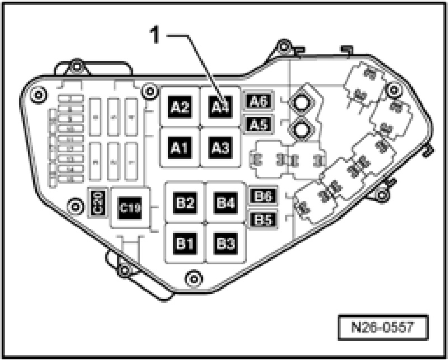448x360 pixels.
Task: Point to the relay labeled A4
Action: click(x=220, y=105)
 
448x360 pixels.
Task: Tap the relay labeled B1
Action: click(x=185, y=244)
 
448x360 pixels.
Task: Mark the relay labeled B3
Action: click(x=225, y=244)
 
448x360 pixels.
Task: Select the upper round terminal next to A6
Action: click(x=301, y=102)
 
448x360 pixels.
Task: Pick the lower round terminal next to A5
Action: click(x=301, y=130)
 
